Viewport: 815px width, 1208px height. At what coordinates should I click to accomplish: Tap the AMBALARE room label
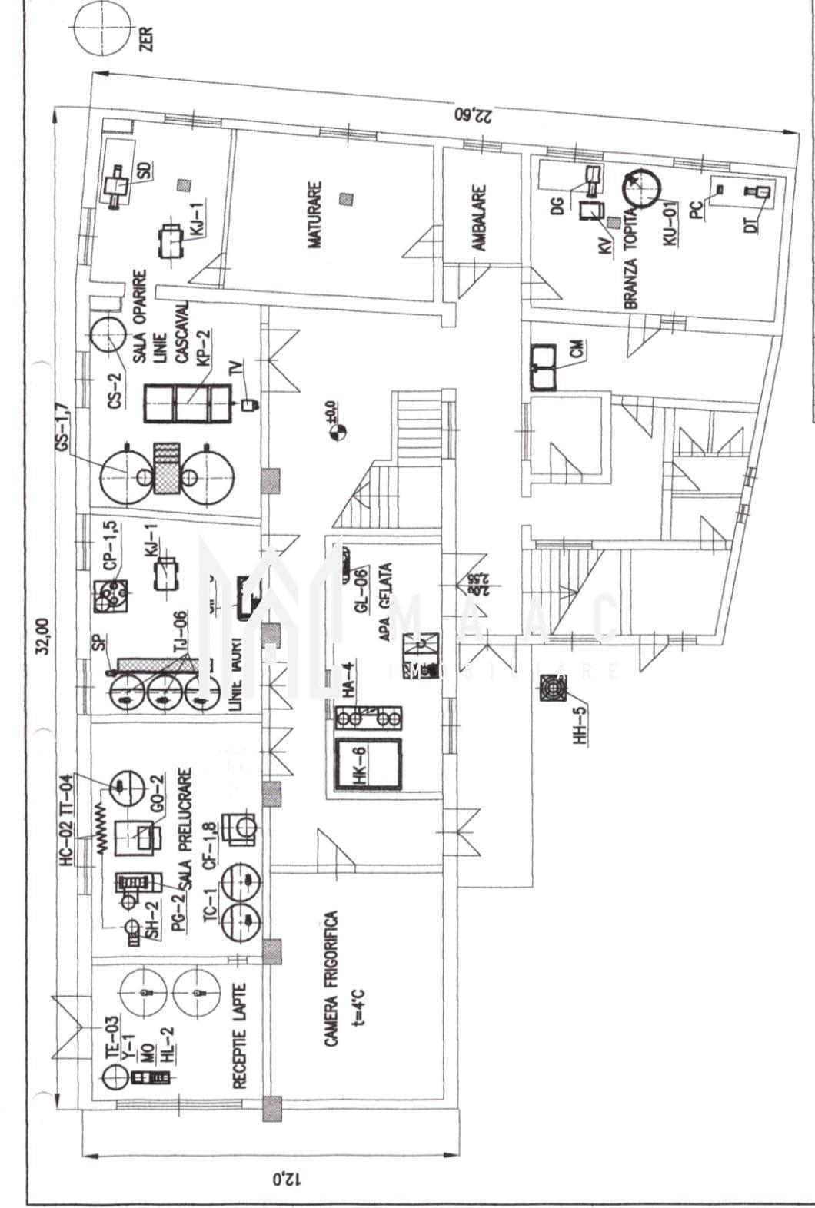(480, 217)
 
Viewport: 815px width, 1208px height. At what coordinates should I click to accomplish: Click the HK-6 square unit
(369, 765)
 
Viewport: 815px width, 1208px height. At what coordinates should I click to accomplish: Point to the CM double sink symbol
(544, 366)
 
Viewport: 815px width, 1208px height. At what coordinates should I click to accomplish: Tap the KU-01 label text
(671, 223)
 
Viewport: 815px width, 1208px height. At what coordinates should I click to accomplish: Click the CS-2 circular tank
(108, 336)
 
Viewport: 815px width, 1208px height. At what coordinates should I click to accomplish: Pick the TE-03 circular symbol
(113, 1077)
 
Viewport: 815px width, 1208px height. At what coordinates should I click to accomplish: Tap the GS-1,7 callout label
(65, 426)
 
